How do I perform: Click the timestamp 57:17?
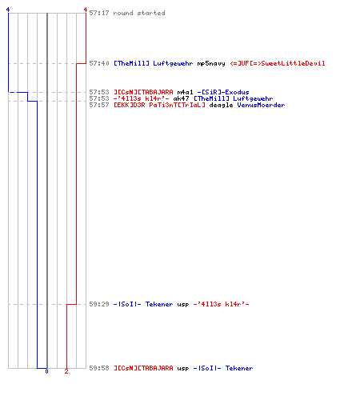99,13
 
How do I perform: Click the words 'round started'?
139,13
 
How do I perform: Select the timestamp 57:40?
99,63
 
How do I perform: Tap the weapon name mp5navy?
211,63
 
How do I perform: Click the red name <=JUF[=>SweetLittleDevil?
278,63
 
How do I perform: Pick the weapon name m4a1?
185,92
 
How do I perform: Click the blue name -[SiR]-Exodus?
223,92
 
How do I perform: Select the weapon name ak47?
181,98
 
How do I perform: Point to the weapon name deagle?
221,105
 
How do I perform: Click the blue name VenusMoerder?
261,105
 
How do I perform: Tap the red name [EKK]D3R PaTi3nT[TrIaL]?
159,105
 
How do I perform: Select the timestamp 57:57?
99,105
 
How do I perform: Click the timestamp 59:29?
99,304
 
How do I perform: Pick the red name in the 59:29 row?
221,304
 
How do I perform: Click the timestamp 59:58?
99,368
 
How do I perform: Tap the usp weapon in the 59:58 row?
183,369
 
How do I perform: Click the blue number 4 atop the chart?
8,10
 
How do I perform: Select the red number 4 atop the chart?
86,10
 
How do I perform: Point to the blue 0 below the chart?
46,371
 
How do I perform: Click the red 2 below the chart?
66,371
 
